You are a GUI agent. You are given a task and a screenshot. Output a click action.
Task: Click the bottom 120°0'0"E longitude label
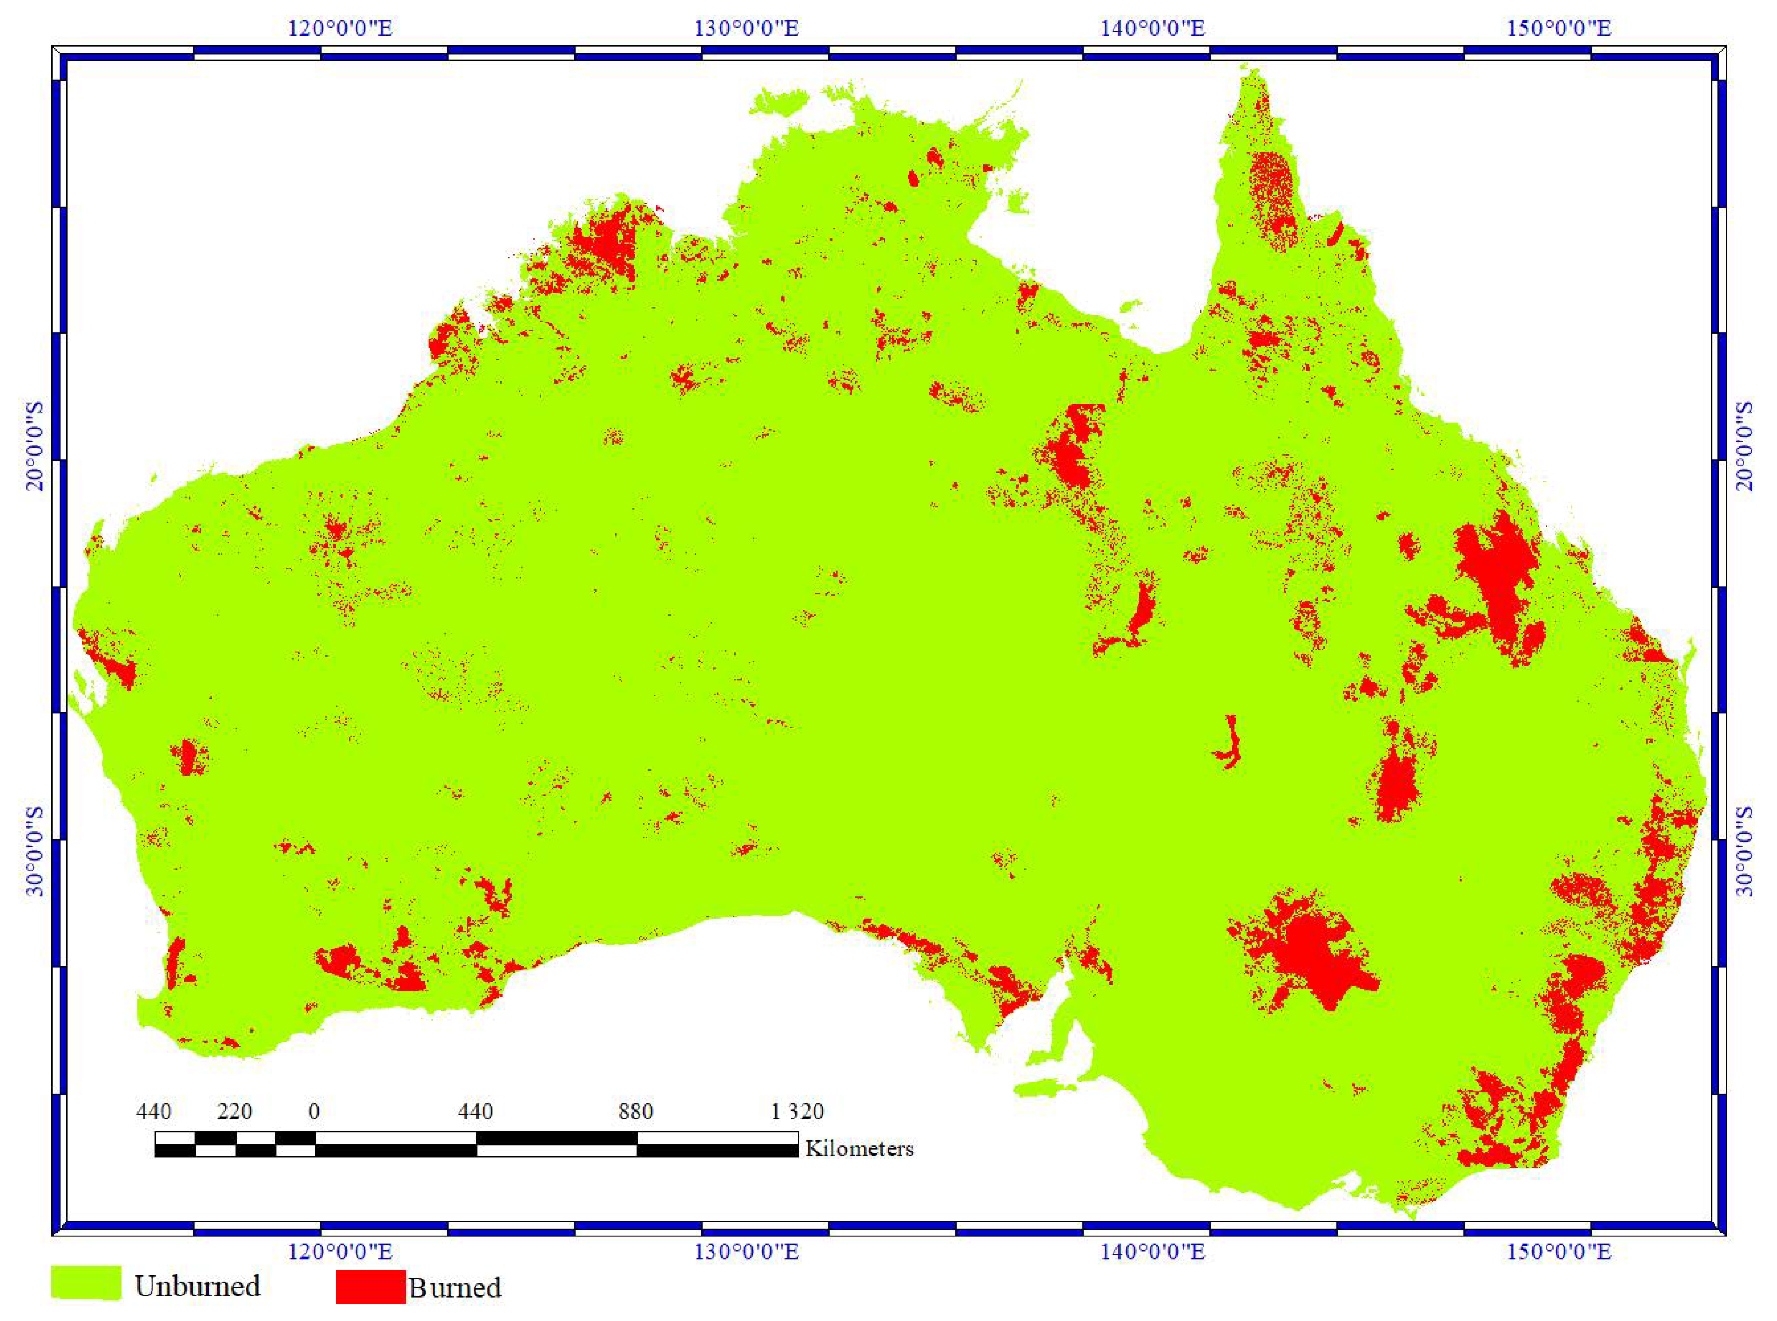click(x=340, y=1252)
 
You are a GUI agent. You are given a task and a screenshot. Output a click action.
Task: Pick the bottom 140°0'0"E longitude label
click(x=1152, y=1252)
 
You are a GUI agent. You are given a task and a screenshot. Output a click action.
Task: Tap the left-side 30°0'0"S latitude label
click(x=36, y=852)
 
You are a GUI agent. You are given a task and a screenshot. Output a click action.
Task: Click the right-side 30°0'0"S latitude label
click(x=1743, y=852)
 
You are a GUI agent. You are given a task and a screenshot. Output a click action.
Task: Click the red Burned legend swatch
click(x=370, y=1287)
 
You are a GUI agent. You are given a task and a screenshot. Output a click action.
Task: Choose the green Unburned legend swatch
click(x=86, y=1283)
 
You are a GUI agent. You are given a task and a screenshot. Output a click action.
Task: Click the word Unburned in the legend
click(x=197, y=1286)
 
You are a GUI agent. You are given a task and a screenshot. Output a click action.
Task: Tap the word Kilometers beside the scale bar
click(x=859, y=1149)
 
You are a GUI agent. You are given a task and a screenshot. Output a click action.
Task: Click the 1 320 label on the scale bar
click(x=797, y=1111)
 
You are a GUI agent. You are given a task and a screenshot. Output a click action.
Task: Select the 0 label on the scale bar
click(x=315, y=1111)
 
